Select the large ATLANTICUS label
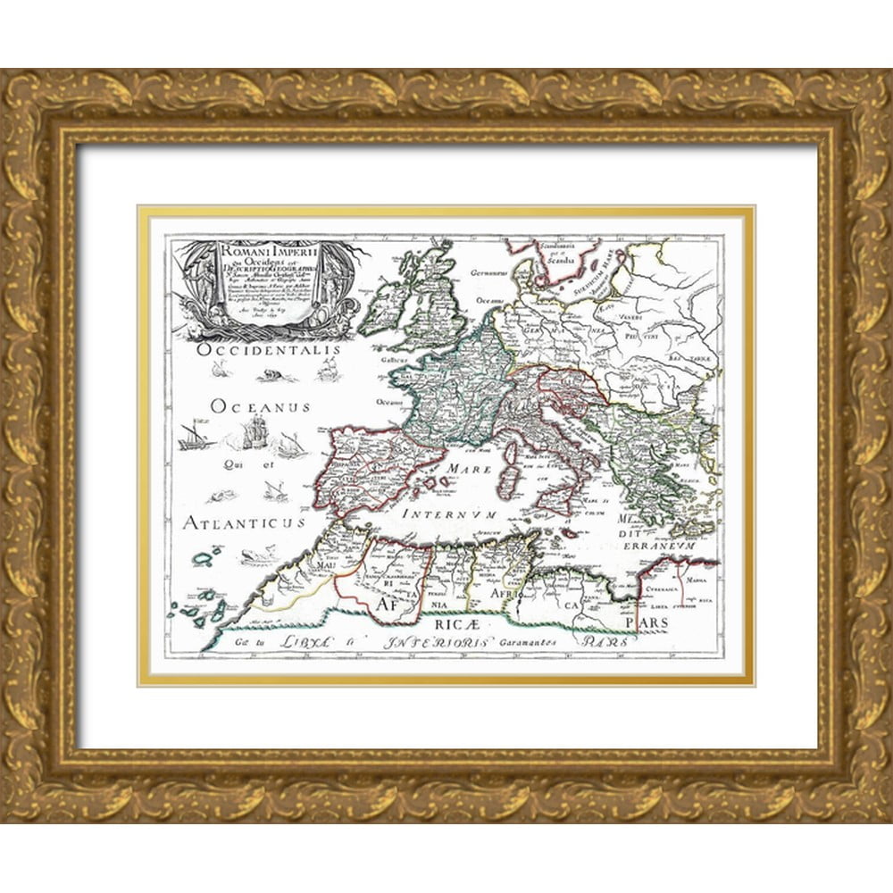[x=244, y=522]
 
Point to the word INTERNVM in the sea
[x=447, y=513]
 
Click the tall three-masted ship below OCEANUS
[x=255, y=432]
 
